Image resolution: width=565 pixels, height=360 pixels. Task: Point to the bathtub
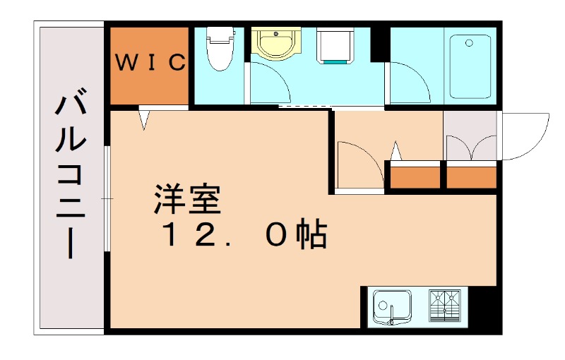click(470, 64)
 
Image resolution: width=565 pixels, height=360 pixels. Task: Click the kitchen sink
click(392, 307)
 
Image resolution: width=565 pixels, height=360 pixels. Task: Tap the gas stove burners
click(446, 305)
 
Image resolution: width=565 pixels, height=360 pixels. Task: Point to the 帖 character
click(311, 236)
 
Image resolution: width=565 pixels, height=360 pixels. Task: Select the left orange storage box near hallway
click(415, 176)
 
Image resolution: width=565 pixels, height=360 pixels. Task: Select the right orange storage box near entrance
click(471, 176)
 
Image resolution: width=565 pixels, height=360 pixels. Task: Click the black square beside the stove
click(484, 305)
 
